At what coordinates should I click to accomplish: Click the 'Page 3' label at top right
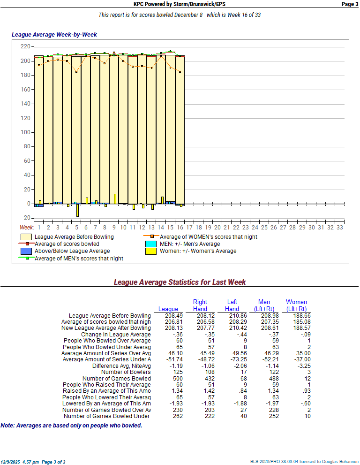[x=349, y=4]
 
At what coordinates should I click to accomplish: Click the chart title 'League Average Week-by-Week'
[x=54, y=35]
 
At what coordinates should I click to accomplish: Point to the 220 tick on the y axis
[x=25, y=46]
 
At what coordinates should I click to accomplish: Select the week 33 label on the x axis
[x=340, y=227]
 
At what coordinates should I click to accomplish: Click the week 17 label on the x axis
[x=189, y=227]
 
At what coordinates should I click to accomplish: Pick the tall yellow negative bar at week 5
[x=77, y=210]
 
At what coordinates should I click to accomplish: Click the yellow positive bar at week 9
[x=115, y=199]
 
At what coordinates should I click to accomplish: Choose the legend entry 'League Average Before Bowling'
[x=74, y=237]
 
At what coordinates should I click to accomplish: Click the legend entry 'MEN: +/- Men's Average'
[x=189, y=244]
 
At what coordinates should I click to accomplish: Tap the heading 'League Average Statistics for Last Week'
[x=180, y=282]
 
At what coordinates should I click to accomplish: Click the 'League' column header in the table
[x=168, y=309]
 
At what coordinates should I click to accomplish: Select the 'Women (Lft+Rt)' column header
[x=296, y=305]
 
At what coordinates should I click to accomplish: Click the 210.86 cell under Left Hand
[x=232, y=316]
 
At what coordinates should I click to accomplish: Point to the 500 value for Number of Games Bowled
[x=168, y=378]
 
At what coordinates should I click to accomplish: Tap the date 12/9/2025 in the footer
[x=10, y=462]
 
